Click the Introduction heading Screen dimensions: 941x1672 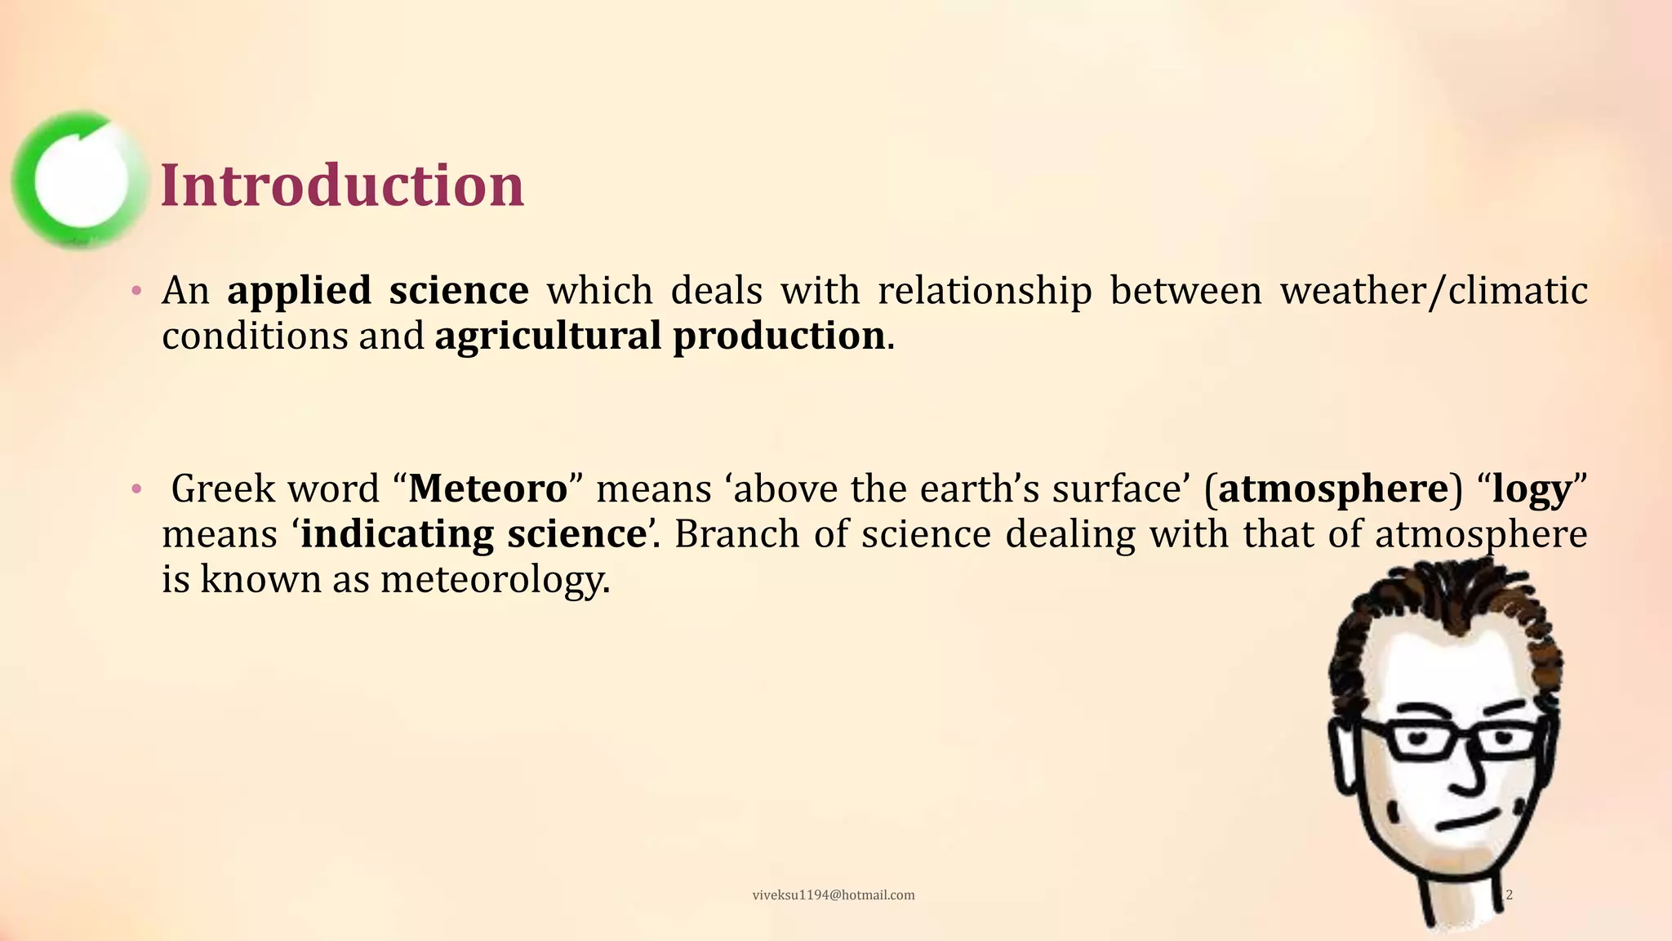coord(342,185)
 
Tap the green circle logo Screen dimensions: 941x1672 coord(79,180)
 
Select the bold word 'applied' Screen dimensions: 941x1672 coord(298,291)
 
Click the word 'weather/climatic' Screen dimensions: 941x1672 coord(1433,291)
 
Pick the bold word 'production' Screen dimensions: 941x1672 coord(779,336)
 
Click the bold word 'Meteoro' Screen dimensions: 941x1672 coord(487,488)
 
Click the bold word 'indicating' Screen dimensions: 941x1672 coord(397,534)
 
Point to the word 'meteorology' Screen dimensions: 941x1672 coord(494,580)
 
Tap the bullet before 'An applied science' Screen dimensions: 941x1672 coord(137,291)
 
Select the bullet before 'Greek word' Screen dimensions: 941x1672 coord(137,489)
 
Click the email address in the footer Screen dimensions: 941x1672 coord(833,895)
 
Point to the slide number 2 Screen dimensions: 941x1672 coord(1509,895)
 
